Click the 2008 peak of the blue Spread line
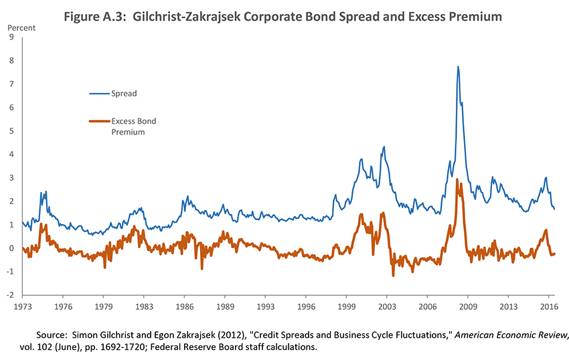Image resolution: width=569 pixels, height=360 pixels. click(x=458, y=66)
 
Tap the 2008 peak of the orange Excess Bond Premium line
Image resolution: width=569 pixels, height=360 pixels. click(x=457, y=179)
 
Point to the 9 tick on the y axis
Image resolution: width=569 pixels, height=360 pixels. click(x=11, y=37)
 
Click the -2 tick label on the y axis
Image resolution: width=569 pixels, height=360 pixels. click(x=9, y=295)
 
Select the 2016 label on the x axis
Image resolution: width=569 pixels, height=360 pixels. click(x=548, y=307)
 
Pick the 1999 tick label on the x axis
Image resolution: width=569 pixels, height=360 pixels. click(x=346, y=307)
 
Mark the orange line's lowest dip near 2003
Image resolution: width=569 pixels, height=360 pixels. click(x=393, y=275)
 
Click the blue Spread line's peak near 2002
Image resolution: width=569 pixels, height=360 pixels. click(x=384, y=147)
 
